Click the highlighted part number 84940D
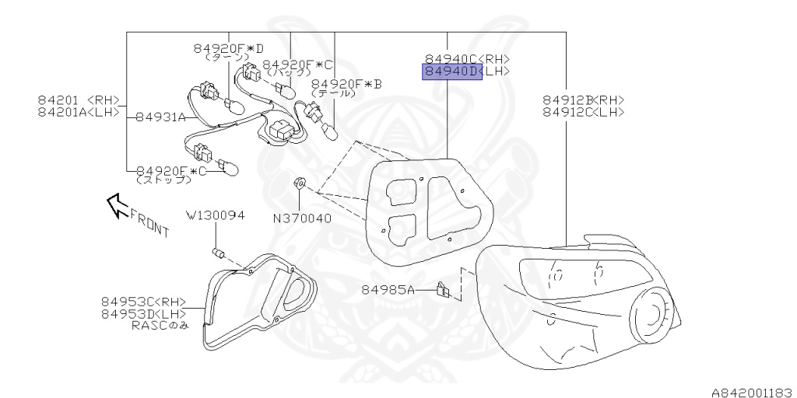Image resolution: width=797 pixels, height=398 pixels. (x=452, y=72)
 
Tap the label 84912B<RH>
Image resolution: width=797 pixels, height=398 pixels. (x=583, y=99)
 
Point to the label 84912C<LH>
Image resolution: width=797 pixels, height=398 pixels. (x=583, y=112)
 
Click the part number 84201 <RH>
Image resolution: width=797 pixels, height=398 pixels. (x=79, y=99)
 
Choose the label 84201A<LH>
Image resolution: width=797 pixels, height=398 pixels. (x=79, y=112)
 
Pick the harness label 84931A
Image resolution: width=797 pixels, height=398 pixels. (x=160, y=117)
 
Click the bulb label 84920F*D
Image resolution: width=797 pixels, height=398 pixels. (x=229, y=48)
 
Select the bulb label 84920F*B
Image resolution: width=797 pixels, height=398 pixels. (x=346, y=84)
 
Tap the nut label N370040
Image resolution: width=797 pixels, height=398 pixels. (x=302, y=218)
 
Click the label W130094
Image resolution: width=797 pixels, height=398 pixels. (x=215, y=215)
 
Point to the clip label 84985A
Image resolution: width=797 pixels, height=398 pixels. (x=388, y=290)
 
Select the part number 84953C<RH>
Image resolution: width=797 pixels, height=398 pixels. (x=143, y=302)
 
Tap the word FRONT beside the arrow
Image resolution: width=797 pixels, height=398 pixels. (x=149, y=222)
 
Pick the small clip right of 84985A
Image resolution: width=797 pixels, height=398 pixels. (x=443, y=290)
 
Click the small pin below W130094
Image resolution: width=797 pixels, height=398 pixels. (x=218, y=253)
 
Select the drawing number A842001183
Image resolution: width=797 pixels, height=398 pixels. (x=750, y=391)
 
